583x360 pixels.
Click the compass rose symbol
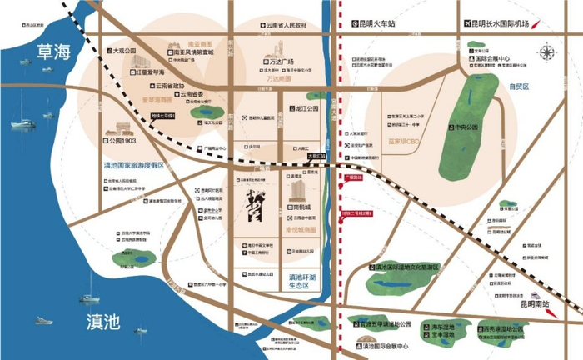pos(546,53)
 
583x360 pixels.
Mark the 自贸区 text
pos(519,86)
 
